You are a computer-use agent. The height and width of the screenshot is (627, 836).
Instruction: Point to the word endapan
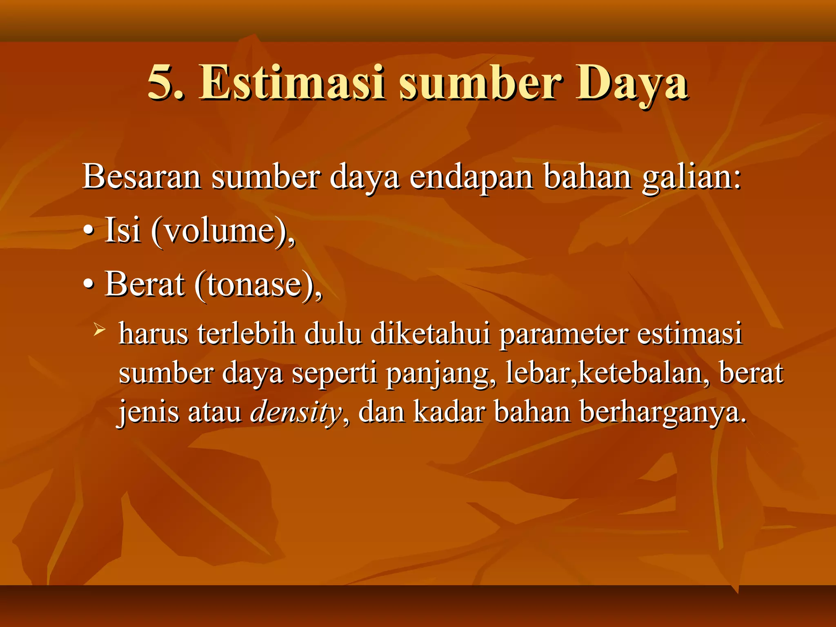tap(471, 177)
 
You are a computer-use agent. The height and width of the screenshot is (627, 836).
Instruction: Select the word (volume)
tap(222, 231)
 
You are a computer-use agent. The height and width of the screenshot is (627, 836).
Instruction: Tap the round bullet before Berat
tap(88, 285)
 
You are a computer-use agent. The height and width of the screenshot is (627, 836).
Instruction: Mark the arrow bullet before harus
tap(99, 329)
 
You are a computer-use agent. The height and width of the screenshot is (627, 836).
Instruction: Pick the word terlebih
tap(247, 334)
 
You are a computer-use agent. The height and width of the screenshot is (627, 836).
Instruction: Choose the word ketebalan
tap(644, 373)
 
